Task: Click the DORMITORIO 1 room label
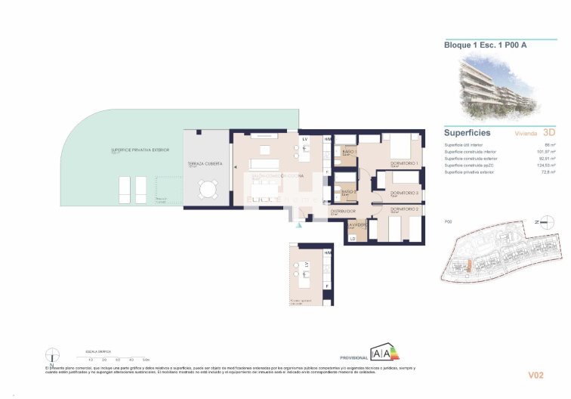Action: click(404, 164)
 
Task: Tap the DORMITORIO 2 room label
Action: click(404, 209)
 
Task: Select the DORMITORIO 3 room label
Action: click(404, 193)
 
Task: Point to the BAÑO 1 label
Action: click(348, 153)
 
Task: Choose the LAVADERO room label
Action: click(357, 224)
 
